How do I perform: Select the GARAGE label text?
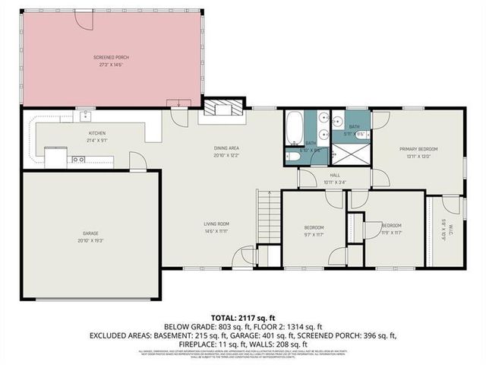pos(90,233)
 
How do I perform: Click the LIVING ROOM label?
pos(216,224)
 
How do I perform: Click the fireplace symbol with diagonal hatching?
pos(222,109)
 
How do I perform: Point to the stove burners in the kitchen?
pos(77,160)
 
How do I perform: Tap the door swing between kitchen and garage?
pos(137,160)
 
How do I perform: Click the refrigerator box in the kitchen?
pos(55,157)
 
